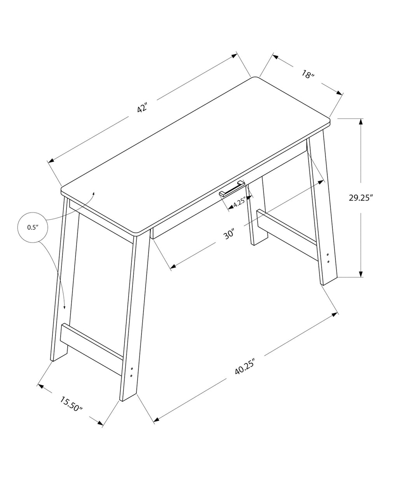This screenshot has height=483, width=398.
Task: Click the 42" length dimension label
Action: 143,108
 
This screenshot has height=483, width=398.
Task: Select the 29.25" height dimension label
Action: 361,197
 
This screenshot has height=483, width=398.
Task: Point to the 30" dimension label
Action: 230,234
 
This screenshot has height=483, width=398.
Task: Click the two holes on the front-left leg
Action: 132,372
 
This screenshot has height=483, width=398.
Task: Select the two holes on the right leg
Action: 328,258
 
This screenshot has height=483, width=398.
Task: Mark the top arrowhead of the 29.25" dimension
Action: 361,121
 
